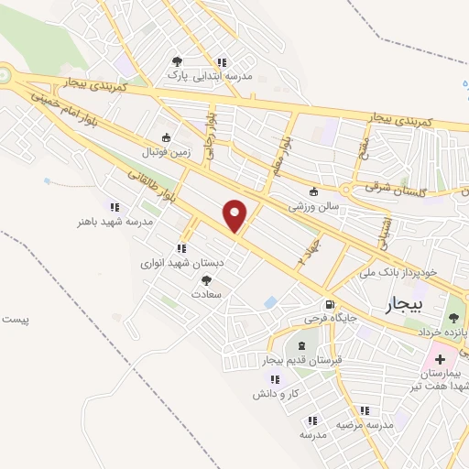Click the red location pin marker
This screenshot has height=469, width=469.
pyautogui.click(x=235, y=214)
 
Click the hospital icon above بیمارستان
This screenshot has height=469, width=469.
pyautogui.click(x=440, y=359)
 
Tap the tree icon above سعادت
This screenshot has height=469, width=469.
pyautogui.click(x=205, y=281)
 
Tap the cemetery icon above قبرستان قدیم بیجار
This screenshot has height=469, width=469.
pyautogui.click(x=301, y=346)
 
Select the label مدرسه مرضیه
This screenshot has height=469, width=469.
pyautogui.click(x=364, y=426)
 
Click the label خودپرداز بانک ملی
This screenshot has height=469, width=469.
pyautogui.click(x=408, y=272)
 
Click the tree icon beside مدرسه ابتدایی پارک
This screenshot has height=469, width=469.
pyautogui.click(x=177, y=61)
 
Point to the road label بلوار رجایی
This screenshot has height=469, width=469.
pyautogui.click(x=212, y=132)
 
